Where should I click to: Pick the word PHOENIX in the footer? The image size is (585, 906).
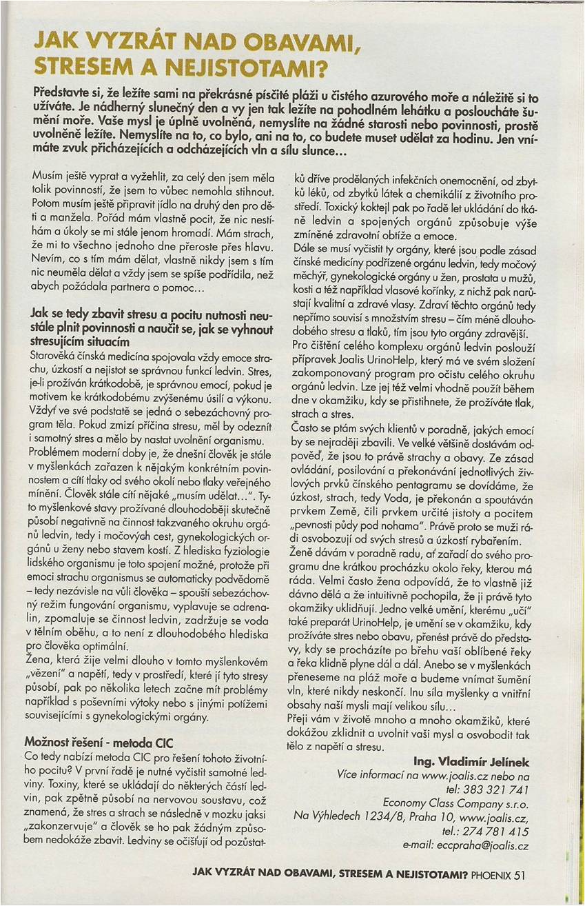(x=491, y=876)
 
